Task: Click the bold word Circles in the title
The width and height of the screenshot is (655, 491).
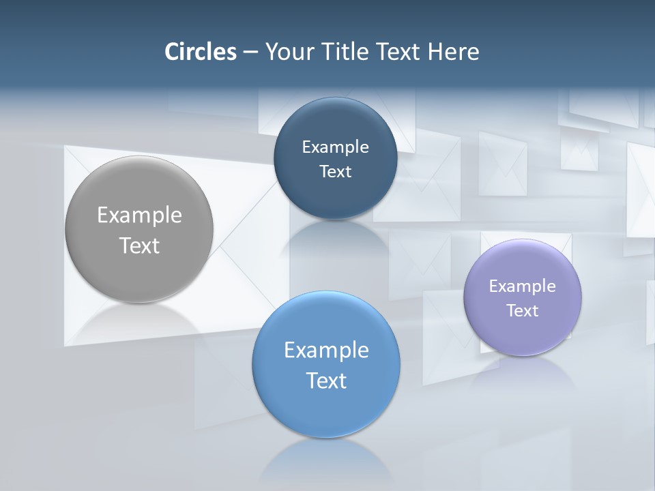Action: click(x=200, y=52)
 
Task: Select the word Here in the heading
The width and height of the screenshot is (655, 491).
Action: click(x=454, y=52)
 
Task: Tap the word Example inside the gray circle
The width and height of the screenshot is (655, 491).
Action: click(x=139, y=215)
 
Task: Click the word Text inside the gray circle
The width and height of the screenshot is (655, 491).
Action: click(x=139, y=245)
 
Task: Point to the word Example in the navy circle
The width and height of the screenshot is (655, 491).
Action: click(x=335, y=147)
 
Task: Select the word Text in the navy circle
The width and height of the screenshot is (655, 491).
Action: click(x=335, y=171)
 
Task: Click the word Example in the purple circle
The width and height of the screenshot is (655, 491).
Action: click(x=522, y=286)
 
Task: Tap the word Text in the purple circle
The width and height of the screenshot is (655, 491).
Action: click(x=522, y=310)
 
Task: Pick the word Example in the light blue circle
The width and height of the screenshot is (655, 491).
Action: click(x=326, y=350)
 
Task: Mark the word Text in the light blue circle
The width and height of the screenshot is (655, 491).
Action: click(x=326, y=380)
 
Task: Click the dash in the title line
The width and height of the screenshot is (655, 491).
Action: click(x=250, y=52)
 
